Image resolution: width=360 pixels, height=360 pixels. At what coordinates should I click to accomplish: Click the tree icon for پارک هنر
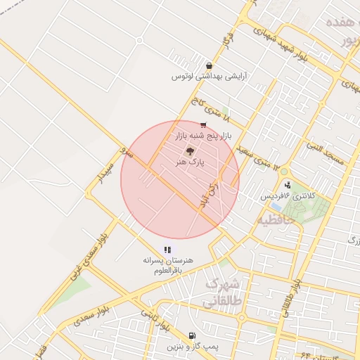tap(188, 150)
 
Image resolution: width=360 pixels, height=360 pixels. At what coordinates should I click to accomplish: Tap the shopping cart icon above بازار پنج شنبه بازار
tap(203, 124)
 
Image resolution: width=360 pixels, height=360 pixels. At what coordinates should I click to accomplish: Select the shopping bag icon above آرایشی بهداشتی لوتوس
tap(210, 65)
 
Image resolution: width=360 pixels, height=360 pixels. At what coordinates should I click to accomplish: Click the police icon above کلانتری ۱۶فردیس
tap(287, 185)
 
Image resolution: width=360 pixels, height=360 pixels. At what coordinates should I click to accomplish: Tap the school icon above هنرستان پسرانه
tap(167, 249)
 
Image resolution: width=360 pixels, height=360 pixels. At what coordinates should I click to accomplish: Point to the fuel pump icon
tap(192, 335)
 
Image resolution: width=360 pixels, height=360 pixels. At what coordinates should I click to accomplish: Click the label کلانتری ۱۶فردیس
tap(285, 196)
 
